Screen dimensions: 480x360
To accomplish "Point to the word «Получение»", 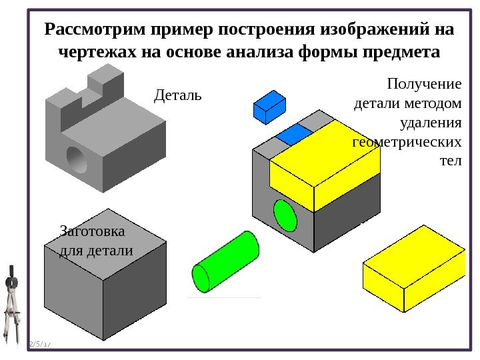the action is coord(423,85).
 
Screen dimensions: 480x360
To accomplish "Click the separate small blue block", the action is coord(269,107).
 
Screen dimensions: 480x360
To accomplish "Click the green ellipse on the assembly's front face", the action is coord(285,215).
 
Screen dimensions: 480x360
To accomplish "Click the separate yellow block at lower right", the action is coord(413,267).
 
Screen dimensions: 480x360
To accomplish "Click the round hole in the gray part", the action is coord(76,159).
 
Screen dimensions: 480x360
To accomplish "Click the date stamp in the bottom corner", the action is coord(40,344).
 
